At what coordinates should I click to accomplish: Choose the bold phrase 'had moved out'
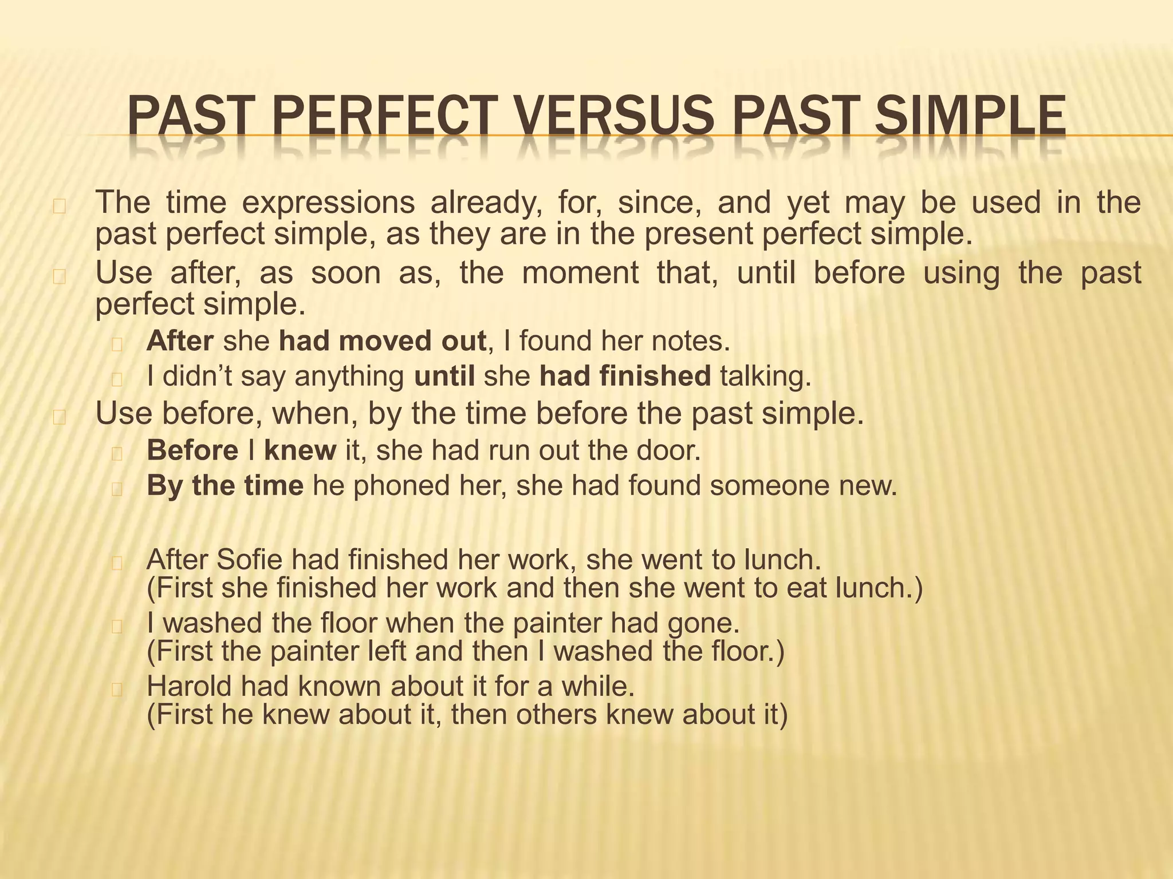[383, 341]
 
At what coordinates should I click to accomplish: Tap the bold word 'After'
[180, 341]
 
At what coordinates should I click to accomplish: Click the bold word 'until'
[444, 377]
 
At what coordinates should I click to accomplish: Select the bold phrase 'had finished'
[625, 377]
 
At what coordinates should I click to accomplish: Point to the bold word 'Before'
[192, 450]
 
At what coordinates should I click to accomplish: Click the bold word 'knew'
[300, 450]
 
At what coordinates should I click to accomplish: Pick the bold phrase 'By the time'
[225, 486]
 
